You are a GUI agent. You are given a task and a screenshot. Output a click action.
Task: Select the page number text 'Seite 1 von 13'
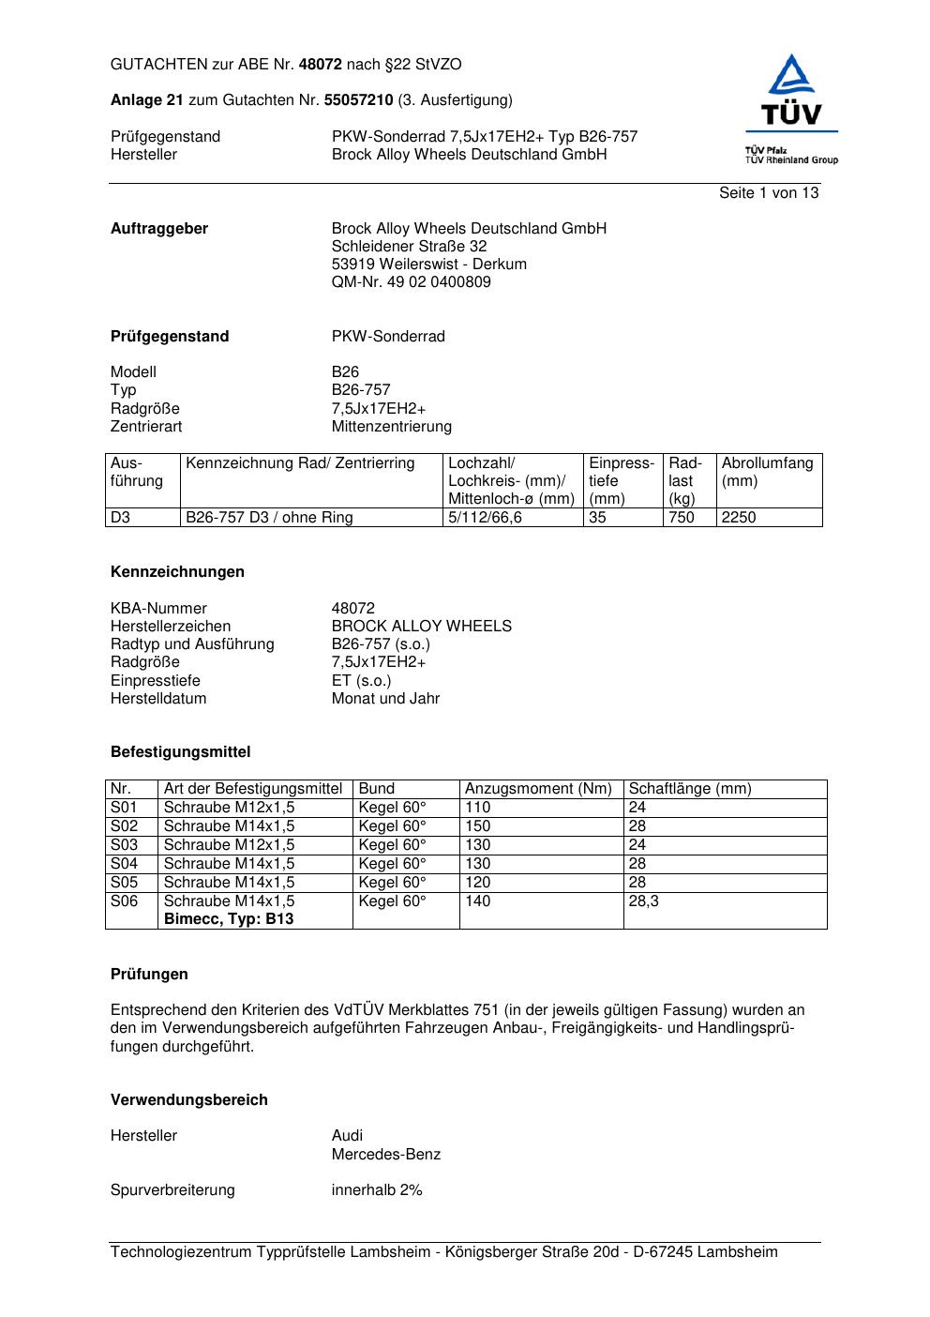[x=768, y=193]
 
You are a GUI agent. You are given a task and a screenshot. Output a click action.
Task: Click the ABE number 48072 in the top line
[x=320, y=65]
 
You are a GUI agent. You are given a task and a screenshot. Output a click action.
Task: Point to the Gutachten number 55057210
[x=358, y=100]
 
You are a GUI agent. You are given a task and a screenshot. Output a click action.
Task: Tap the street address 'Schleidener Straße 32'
[x=409, y=247]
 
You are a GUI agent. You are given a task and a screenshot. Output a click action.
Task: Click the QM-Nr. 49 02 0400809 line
[x=411, y=282]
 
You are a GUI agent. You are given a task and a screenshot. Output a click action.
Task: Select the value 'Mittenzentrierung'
[x=391, y=427]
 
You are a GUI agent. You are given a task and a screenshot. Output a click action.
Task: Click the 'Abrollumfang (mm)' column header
[x=767, y=472]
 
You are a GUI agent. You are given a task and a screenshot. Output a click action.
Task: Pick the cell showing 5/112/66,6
[x=485, y=518]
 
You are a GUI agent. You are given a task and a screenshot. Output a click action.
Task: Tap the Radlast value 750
[x=681, y=518]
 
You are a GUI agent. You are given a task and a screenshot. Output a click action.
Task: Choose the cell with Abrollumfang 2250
[x=738, y=518]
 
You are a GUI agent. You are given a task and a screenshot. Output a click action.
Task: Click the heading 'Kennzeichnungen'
[x=177, y=572]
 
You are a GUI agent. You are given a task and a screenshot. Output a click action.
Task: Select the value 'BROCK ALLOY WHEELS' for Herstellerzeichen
[x=421, y=627]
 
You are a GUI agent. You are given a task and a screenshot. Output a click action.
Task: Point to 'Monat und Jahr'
[x=385, y=699]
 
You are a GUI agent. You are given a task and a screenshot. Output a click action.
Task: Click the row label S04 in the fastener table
[x=124, y=864]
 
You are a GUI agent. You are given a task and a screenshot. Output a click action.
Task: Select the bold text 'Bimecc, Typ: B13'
[x=228, y=919]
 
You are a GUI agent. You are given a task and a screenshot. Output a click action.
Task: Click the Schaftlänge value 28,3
[x=643, y=901]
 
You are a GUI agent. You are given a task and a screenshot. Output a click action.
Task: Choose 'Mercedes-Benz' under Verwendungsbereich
[x=385, y=1155]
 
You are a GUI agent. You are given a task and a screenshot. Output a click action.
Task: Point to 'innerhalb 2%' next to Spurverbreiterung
[x=376, y=1190]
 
